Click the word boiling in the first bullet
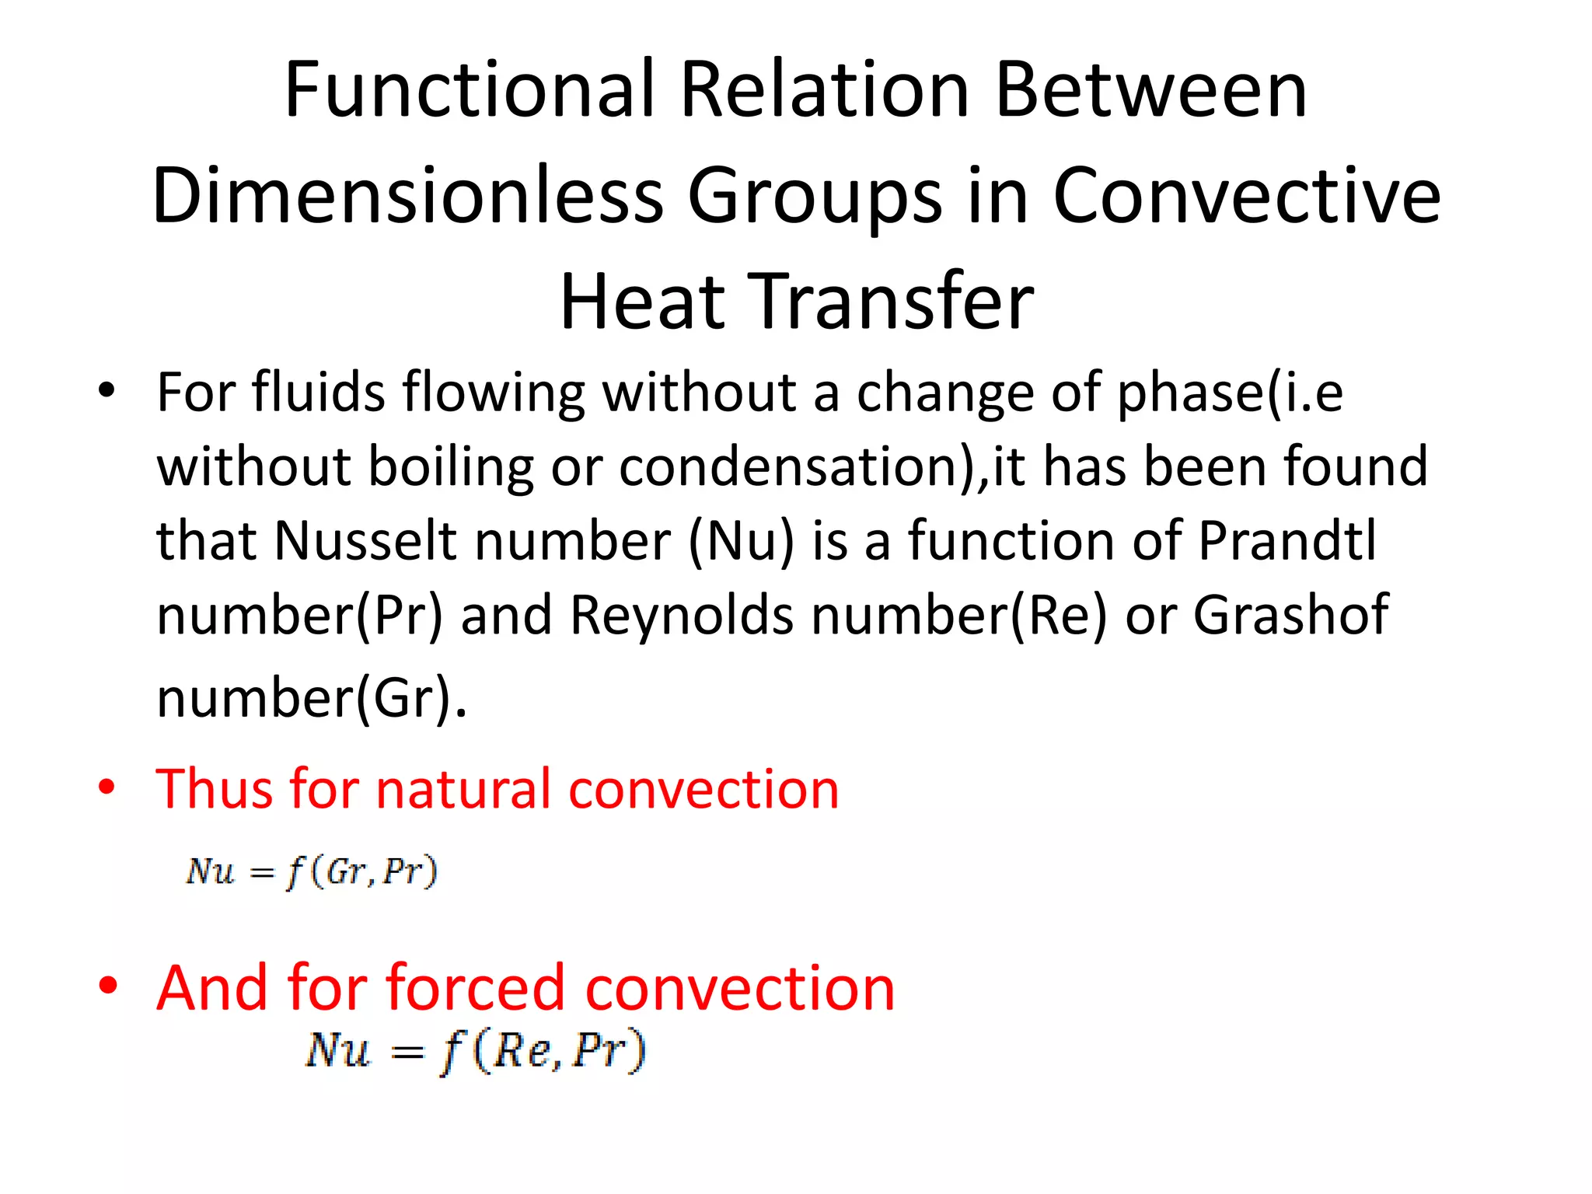[x=451, y=467]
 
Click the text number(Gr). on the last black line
[x=312, y=697]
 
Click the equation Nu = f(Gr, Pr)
[x=311, y=871]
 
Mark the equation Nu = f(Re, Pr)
[x=475, y=1052]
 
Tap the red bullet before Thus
[x=107, y=787]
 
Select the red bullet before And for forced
[x=107, y=985]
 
